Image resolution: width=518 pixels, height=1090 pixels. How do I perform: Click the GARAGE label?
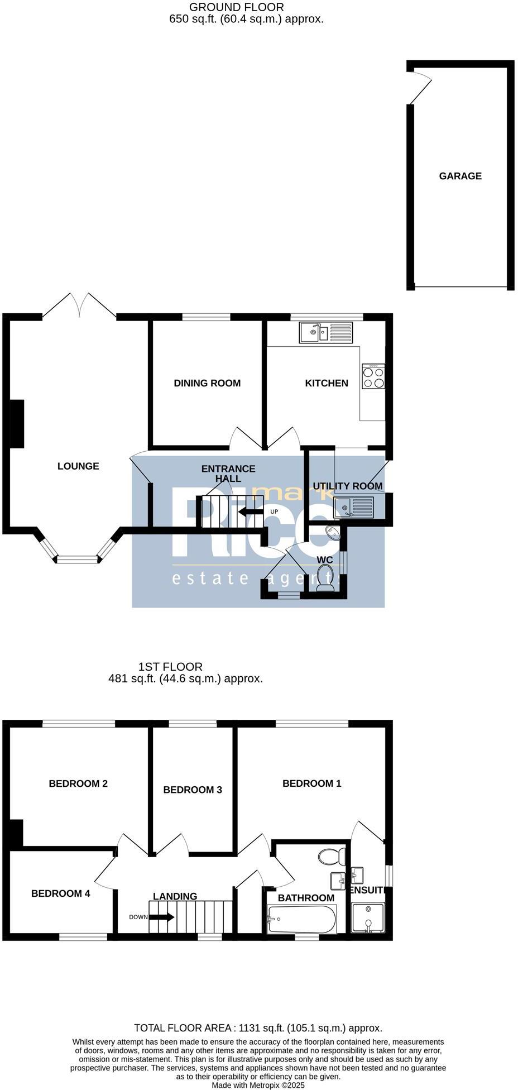460,176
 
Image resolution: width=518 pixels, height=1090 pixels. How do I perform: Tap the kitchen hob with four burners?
373,377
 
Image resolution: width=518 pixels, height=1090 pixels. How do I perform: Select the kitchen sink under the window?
326,333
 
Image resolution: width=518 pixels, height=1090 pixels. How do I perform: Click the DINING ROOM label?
207,383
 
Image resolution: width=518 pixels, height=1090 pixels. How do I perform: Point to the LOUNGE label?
78,466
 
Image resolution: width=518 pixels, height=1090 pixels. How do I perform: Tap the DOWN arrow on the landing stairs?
162,917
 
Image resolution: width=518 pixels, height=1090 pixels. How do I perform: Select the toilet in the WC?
325,578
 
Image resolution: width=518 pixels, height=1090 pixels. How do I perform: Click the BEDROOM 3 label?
193,790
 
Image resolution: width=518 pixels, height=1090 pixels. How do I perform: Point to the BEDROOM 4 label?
60,893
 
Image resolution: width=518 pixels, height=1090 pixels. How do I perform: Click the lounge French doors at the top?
80,305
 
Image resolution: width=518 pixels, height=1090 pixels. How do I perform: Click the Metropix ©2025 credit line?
258,1086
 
